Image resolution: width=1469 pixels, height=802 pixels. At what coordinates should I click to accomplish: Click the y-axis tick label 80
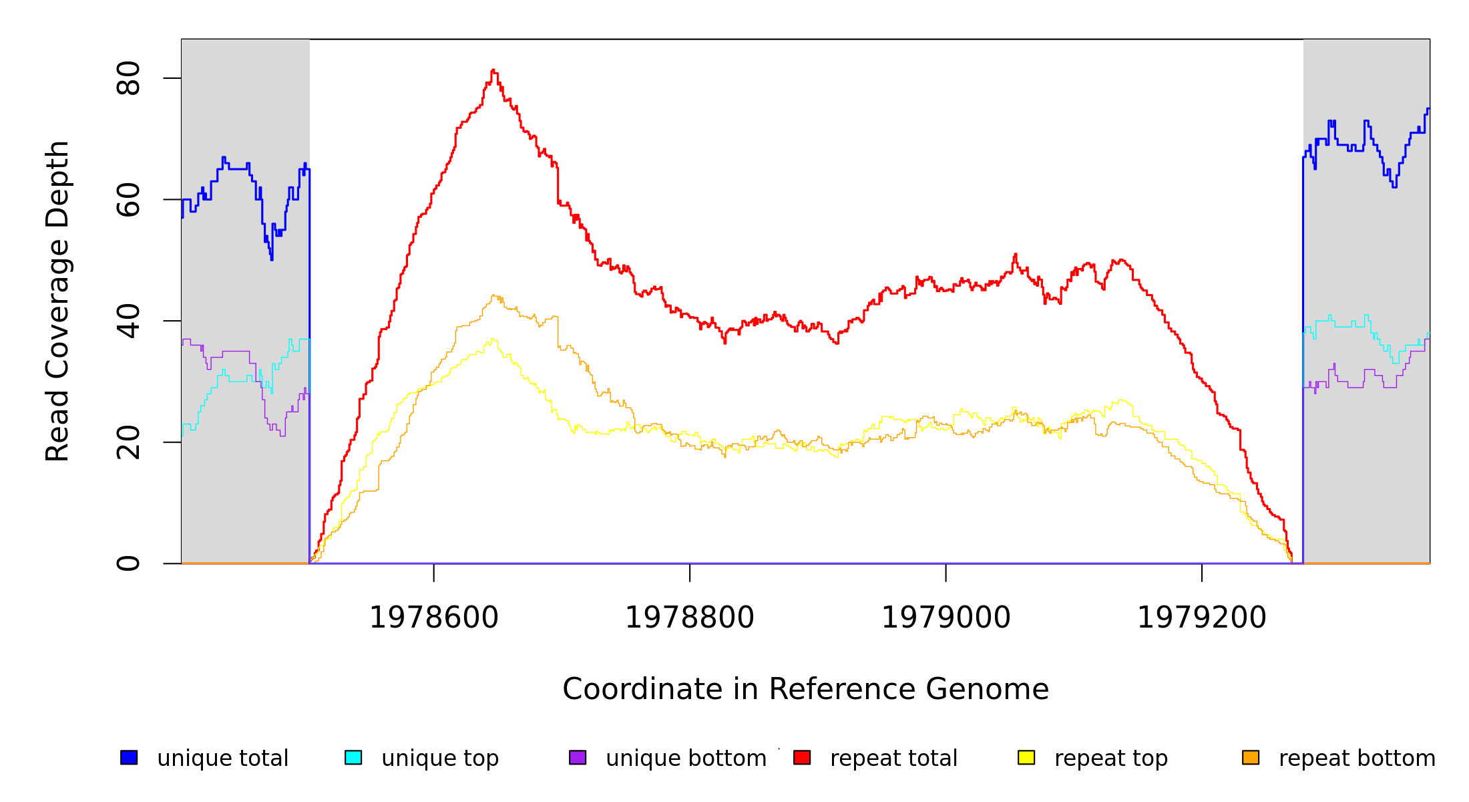coord(128,78)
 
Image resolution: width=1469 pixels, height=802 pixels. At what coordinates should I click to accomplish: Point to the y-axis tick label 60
coord(128,200)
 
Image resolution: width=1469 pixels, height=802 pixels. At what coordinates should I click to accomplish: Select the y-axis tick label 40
coord(128,321)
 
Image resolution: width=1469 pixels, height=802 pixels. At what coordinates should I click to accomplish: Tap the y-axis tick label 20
coord(128,442)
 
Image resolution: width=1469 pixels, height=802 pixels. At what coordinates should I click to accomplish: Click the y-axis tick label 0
coord(128,563)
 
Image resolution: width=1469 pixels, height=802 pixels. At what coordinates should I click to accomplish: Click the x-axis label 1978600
coord(434,618)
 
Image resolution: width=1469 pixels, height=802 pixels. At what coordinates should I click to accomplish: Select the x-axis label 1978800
coord(690,618)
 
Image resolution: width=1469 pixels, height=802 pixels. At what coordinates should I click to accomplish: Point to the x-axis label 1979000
coord(946,618)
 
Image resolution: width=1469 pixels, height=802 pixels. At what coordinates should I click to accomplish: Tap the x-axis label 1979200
coord(1202,618)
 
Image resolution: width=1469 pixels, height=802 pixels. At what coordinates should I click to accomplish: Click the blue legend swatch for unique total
coord(129,757)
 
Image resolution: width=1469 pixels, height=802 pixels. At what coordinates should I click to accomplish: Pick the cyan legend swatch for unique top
coord(353,757)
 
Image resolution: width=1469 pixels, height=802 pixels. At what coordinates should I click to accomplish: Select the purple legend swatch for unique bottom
coord(578,757)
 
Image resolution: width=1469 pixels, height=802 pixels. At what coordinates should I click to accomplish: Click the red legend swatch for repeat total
coord(802,757)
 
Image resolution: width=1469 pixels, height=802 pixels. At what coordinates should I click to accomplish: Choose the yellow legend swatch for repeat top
coord(1026,757)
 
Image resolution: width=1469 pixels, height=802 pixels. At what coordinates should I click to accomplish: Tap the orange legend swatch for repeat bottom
coord(1251,757)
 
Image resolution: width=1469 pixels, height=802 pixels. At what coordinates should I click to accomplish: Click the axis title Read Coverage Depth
coord(57,301)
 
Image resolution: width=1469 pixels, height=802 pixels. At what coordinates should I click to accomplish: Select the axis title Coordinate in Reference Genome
coord(805,689)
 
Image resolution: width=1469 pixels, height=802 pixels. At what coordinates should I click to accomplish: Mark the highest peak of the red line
coord(493,70)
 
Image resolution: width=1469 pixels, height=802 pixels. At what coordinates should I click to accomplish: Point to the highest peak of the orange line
coord(493,295)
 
